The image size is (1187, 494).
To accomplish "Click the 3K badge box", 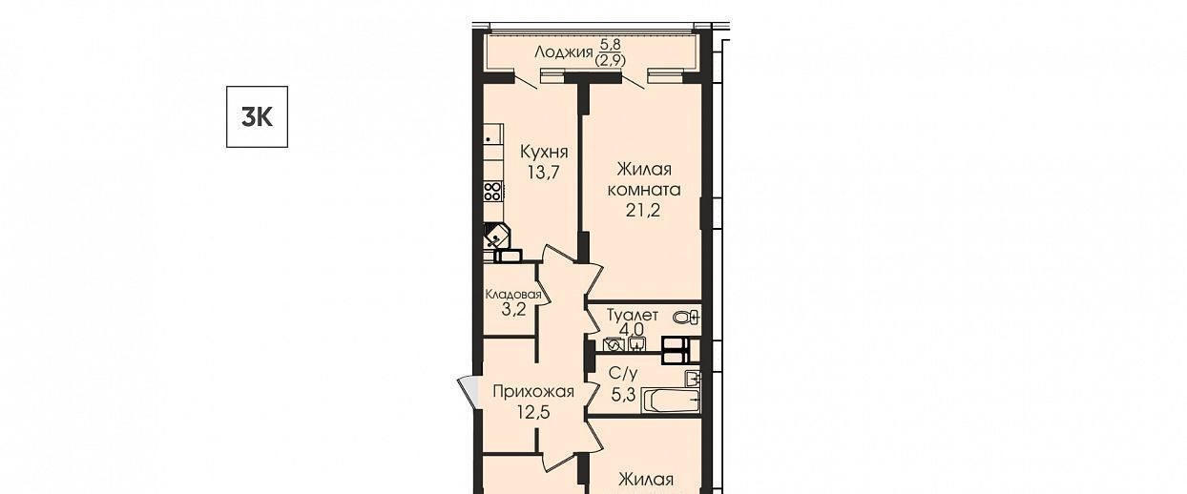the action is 257,116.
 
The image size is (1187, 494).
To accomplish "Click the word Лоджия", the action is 563,52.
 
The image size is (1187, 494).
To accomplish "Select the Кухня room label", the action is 544,152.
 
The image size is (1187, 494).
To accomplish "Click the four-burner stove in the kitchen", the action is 492,191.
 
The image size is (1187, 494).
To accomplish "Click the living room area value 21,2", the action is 643,210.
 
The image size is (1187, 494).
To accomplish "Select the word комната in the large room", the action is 644,190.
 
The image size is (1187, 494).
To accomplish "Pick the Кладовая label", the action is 513,295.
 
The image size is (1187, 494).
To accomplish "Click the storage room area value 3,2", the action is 514,309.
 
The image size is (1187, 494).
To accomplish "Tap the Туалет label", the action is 633,316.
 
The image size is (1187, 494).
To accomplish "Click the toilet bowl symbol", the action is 686,318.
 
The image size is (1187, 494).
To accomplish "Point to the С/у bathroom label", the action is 623,373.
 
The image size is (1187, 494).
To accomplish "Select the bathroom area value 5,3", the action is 623,395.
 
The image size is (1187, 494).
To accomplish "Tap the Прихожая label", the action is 533,392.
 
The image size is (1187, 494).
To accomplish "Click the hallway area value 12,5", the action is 533,412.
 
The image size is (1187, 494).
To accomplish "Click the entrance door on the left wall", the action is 469,392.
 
